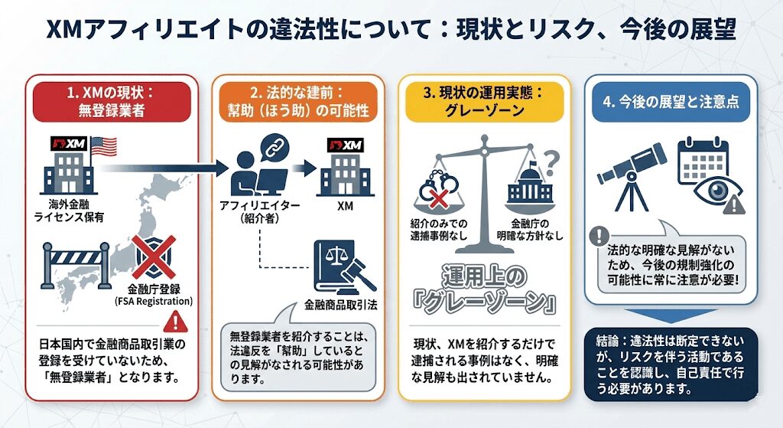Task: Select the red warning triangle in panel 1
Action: tap(181, 320)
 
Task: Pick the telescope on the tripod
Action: tap(629, 173)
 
